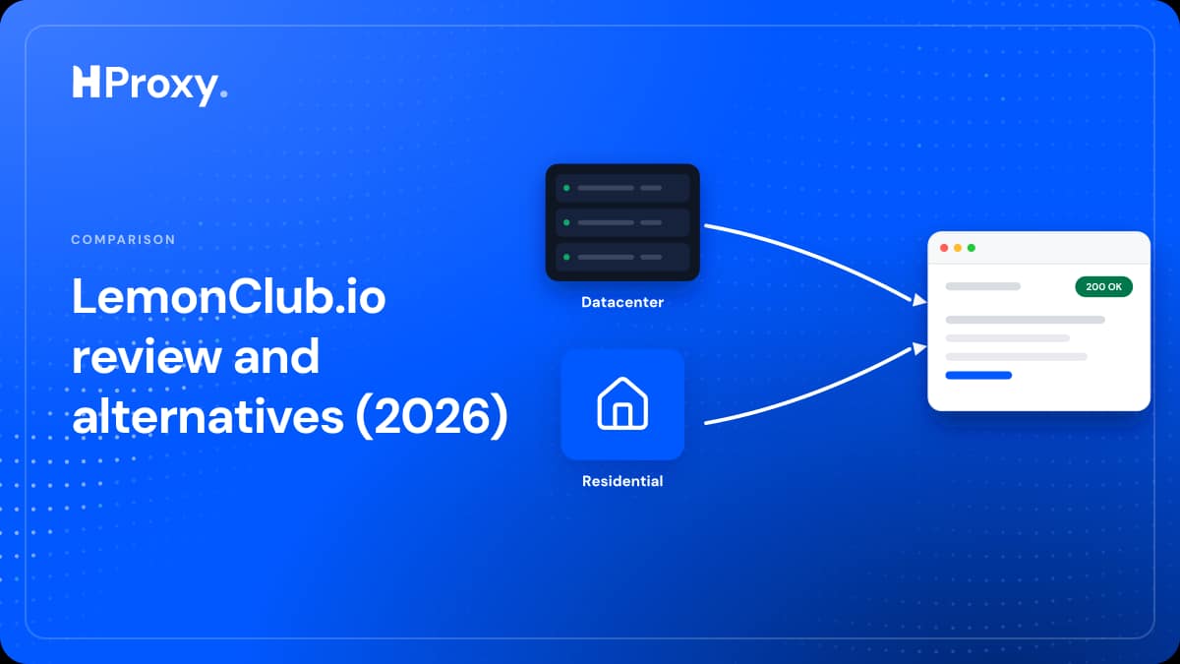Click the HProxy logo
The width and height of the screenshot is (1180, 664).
(149, 86)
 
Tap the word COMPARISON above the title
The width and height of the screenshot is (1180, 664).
(123, 240)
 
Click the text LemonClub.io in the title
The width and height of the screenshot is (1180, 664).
(229, 297)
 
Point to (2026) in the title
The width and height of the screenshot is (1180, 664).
(432, 416)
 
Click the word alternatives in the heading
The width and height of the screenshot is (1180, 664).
(208, 416)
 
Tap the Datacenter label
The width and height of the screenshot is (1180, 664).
(622, 302)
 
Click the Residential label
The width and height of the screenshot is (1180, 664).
(622, 481)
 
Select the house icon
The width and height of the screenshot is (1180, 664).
(622, 403)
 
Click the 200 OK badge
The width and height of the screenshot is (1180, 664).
(1103, 286)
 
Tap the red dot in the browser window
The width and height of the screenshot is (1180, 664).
(944, 248)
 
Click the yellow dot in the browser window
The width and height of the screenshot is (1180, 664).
(958, 248)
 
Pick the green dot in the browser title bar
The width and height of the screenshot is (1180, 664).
(972, 248)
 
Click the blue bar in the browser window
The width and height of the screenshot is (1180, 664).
(978, 375)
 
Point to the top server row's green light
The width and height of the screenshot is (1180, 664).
(566, 188)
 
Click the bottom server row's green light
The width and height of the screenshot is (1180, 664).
(566, 257)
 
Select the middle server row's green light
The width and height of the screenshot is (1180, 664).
(566, 222)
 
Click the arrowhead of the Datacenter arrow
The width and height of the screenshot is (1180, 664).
(919, 300)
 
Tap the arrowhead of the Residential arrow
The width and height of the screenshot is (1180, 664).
(919, 348)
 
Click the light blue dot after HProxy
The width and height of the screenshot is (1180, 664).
(224, 94)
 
